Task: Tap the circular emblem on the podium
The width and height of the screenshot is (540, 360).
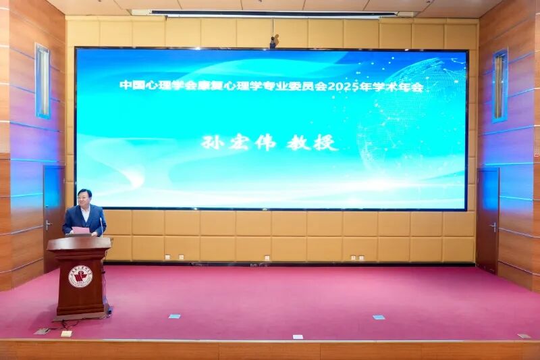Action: pos(80,276)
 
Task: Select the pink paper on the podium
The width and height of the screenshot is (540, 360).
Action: pos(80,230)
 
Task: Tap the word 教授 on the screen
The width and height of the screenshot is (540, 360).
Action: pos(312,143)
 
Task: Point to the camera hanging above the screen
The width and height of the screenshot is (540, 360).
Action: pos(273,42)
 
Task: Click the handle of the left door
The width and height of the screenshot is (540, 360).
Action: pos(48,225)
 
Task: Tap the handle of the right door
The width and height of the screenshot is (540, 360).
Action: pos(493,227)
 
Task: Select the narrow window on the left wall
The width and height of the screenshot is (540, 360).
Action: pos(43,81)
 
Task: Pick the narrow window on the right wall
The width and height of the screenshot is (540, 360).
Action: pos(500,85)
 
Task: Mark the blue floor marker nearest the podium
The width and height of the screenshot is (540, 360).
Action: pos(174,316)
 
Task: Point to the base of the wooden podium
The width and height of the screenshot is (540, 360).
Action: pos(81,312)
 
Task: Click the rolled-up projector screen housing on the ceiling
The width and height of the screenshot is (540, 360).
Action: pos(273,13)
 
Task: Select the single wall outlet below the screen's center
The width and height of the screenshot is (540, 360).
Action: pos(267,257)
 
